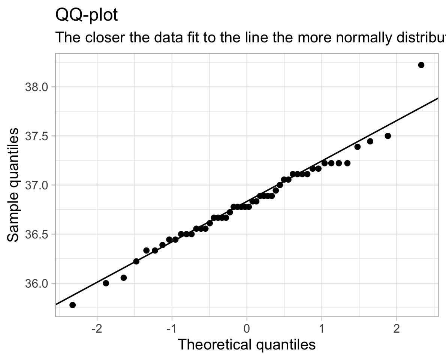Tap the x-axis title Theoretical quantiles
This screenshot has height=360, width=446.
pos(246,344)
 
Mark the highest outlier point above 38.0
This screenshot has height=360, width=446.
pos(421,65)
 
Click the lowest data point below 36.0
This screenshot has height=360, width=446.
pos(72,305)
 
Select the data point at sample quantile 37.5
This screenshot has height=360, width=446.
pos(388,136)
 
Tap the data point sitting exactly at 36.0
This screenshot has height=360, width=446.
pos(106,283)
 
